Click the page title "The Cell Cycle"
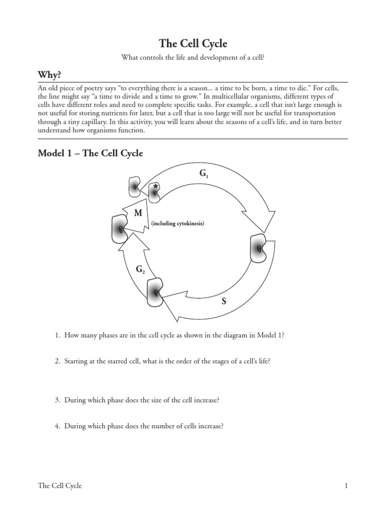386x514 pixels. [193, 44]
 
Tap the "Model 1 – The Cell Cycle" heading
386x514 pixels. [90, 153]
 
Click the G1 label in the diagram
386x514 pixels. [204, 174]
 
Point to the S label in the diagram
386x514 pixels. [224, 302]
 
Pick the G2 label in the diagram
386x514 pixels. [140, 270]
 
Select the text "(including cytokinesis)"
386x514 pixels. [178, 223]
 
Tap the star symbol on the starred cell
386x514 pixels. [156, 187]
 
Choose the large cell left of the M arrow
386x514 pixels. [120, 228]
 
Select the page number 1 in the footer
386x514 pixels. [346, 485]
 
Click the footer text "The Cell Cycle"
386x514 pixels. [60, 485]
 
